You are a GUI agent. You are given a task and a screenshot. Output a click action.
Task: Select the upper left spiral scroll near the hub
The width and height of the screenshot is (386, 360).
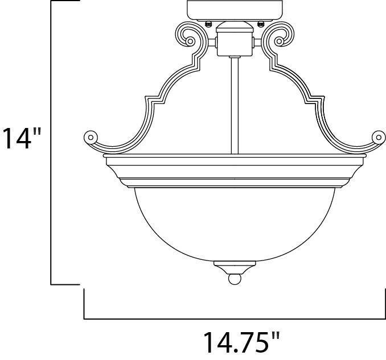click(188, 36)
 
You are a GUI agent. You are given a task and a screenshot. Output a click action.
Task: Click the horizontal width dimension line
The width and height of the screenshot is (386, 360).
click(233, 318)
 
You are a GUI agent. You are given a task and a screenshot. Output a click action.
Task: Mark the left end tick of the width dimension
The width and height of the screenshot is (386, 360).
click(85, 304)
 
